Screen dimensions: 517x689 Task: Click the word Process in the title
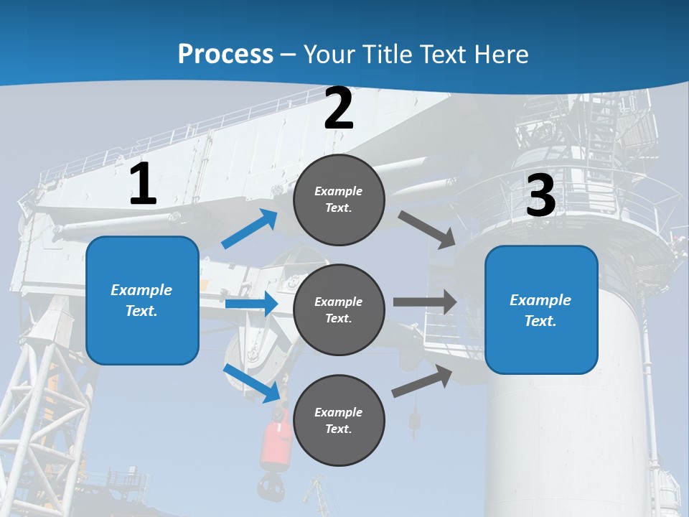pos(225,55)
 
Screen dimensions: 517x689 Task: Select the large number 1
pos(143,185)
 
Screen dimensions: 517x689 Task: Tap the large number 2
pos(339,108)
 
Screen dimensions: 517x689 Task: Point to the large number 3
pos(540,196)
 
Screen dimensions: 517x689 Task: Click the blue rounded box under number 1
pos(142,300)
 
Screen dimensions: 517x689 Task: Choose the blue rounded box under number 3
pos(541,309)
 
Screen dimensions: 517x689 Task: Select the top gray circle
pos(339,200)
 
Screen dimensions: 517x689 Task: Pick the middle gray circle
pos(339,309)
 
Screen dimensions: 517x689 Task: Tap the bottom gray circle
pos(339,420)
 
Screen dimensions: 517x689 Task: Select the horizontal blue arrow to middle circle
pos(251,304)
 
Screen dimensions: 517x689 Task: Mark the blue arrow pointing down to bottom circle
pos(252,383)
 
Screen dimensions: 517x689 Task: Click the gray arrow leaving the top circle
pos(426,229)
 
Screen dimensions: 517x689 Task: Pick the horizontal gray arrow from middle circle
pos(424,302)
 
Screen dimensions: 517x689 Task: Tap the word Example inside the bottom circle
pos(339,412)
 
